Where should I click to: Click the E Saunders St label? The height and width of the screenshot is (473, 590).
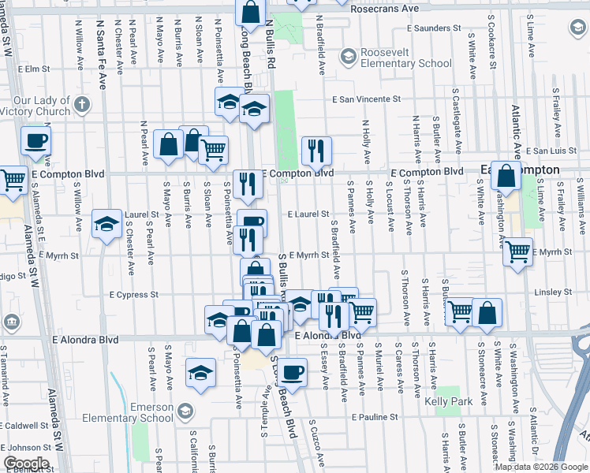pos(434,28)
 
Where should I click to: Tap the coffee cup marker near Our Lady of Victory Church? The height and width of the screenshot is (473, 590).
pos(35,141)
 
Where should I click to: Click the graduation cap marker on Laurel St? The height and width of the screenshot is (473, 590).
pos(106,224)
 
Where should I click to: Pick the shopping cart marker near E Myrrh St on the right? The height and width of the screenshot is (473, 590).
pos(517,252)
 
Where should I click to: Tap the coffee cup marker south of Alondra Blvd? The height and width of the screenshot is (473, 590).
pos(292,372)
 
